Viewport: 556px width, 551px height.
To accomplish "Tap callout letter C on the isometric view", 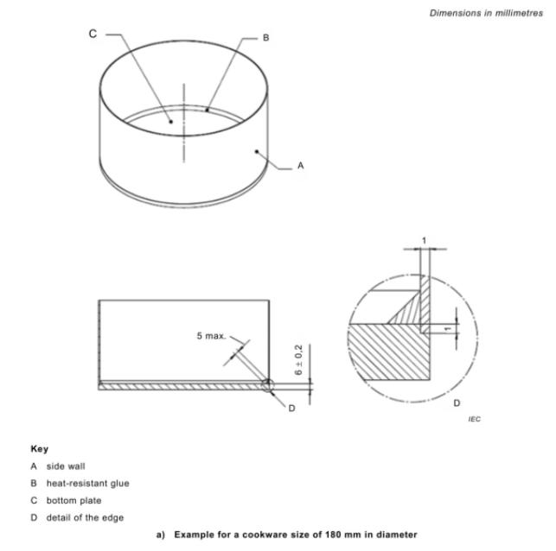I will pyautogui.click(x=93, y=34).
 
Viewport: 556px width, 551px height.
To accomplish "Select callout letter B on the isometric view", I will pyautogui.click(x=266, y=38).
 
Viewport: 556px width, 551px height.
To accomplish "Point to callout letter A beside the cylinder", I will pyautogui.click(x=301, y=165).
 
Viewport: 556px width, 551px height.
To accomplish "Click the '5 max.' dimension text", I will pyautogui.click(x=211, y=334).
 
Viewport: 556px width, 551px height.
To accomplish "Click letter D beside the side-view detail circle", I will pyautogui.click(x=291, y=407).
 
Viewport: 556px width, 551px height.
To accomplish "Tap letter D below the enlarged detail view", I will pyautogui.click(x=457, y=402).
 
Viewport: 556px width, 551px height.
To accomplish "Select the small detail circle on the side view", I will pyautogui.click(x=267, y=385).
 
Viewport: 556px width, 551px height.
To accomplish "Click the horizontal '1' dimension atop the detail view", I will pyautogui.click(x=424, y=239).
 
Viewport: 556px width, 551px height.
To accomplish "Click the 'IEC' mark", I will pyautogui.click(x=474, y=419).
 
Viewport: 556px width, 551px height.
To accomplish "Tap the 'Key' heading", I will pyautogui.click(x=39, y=449).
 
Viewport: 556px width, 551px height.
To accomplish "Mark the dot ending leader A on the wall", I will pyautogui.click(x=257, y=151).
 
